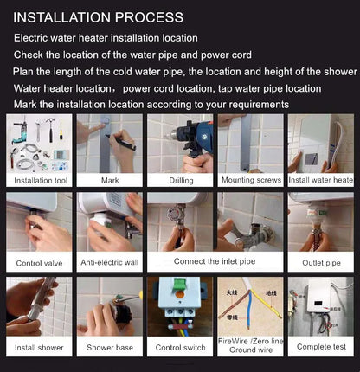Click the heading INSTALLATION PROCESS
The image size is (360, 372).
pos(98,17)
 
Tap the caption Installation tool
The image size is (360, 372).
pos(40,181)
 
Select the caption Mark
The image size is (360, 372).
pos(109,181)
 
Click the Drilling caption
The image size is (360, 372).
pos(179,181)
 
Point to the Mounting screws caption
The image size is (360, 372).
pos(250,181)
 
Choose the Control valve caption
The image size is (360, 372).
pos(40,264)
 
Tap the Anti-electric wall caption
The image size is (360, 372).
pos(109,264)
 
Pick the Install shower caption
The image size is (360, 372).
pos(40,348)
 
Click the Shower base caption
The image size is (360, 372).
pos(109,348)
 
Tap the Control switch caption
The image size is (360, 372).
pos(179,348)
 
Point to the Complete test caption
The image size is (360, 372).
pos(320,348)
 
